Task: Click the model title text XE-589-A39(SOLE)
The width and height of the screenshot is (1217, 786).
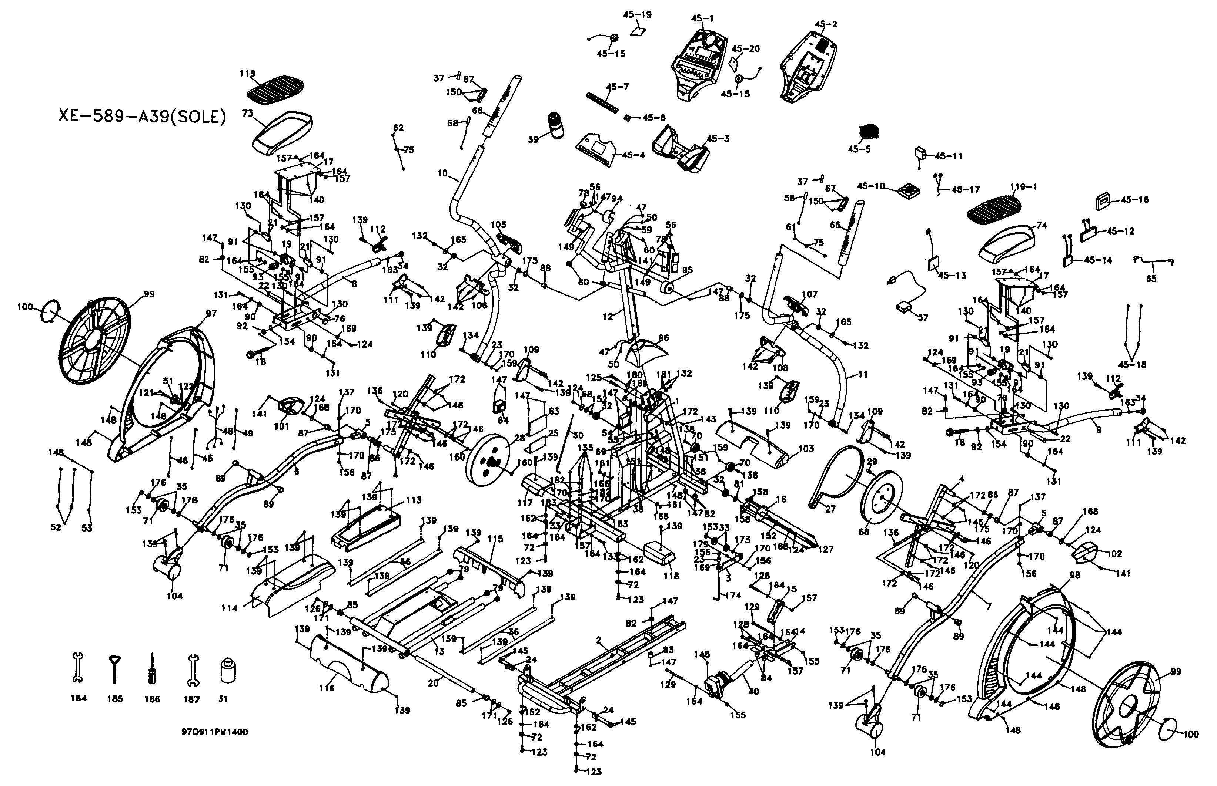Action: pyautogui.click(x=142, y=117)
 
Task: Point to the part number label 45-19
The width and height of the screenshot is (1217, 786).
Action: pyautogui.click(x=637, y=15)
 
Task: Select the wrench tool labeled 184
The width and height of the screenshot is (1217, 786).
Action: pyautogui.click(x=78, y=668)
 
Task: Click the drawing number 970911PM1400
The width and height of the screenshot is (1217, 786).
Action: pyautogui.click(x=215, y=732)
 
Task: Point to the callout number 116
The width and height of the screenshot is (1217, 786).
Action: pyautogui.click(x=326, y=688)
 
